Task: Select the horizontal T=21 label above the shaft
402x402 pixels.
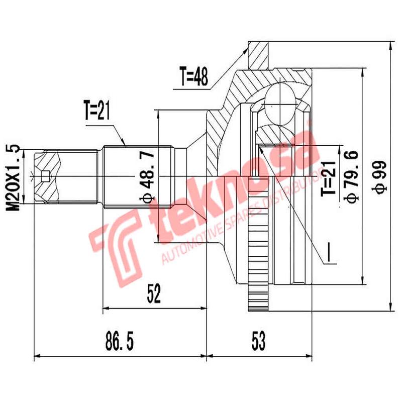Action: tap(96, 112)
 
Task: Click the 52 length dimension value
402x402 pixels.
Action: tap(154, 293)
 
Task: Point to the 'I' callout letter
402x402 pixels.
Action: tap(330, 253)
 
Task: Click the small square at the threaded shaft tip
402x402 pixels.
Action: tap(45, 175)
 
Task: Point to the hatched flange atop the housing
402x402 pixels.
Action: tap(260, 55)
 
